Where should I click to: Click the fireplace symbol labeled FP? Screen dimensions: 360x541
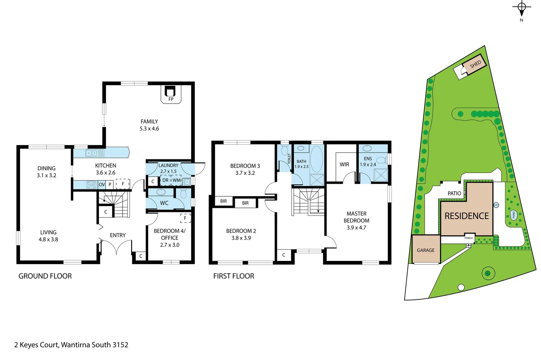(171, 94)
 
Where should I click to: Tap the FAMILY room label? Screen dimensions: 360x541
(149, 122)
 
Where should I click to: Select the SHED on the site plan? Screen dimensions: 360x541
(474, 64)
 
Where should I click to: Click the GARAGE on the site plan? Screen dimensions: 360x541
(426, 250)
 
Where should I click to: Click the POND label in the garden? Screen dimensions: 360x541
(513, 215)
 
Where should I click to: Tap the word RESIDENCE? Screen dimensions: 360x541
(466, 216)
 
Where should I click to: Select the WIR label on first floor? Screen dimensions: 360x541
(344, 164)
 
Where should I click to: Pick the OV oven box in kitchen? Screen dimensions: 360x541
(102, 184)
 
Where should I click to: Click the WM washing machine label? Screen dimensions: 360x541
(176, 180)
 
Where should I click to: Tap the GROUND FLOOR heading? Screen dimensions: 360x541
(45, 276)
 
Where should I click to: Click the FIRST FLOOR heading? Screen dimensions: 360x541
(234, 276)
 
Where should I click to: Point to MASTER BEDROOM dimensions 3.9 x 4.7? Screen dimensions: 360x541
(356, 228)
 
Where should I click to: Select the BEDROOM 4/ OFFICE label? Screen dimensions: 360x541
(170, 234)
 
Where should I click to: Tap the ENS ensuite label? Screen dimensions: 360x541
(368, 159)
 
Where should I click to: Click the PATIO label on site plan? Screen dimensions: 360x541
(454, 193)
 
